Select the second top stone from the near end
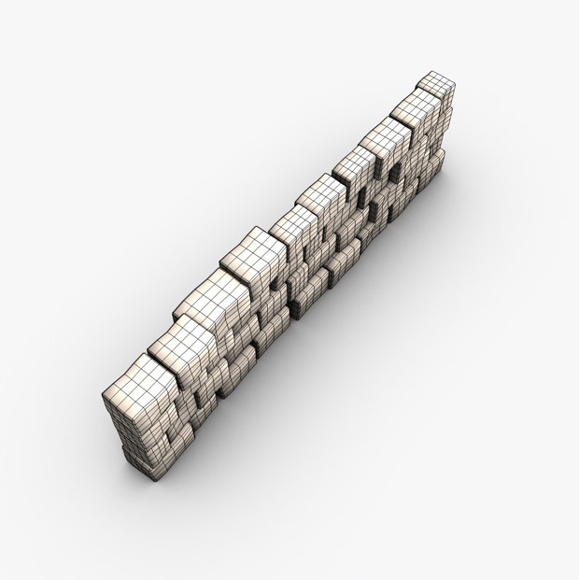click(177, 341)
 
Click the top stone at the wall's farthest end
click(436, 84)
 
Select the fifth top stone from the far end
click(323, 195)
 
